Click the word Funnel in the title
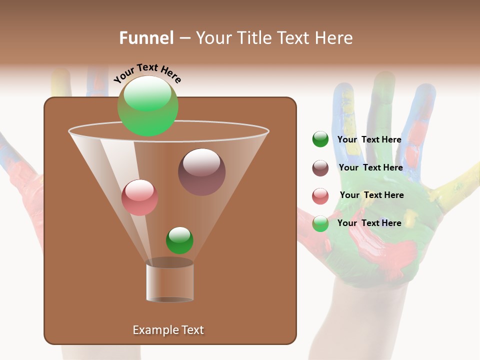tap(146, 38)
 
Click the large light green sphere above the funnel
tap(147, 106)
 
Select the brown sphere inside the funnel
tap(201, 172)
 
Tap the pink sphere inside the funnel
tap(139, 197)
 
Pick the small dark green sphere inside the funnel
tap(179, 240)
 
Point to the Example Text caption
tap(168, 330)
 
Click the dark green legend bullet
tap(320, 139)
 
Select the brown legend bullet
tap(320, 168)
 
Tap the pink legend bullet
tap(320, 196)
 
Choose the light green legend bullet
tap(320, 223)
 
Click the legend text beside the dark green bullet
tap(369, 139)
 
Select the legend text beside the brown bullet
tap(370, 167)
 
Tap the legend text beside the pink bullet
tap(371, 195)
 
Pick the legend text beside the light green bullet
tap(369, 223)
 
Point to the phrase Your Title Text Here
tap(274, 38)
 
